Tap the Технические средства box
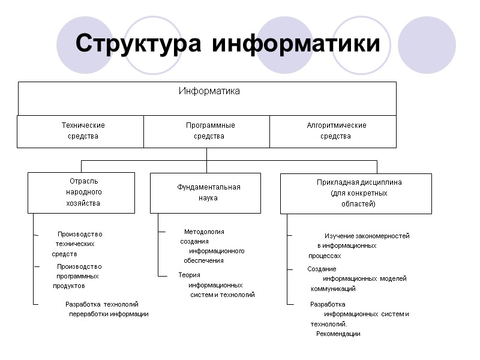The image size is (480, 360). [x=80, y=131]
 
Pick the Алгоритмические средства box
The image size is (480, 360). [x=334, y=131]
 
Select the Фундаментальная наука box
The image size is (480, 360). [x=206, y=193]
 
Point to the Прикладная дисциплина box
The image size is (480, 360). [x=356, y=193]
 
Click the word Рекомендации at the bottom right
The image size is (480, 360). [x=338, y=334]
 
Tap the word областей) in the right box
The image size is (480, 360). [x=355, y=204]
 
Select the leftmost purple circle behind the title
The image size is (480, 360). [x=85, y=45]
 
